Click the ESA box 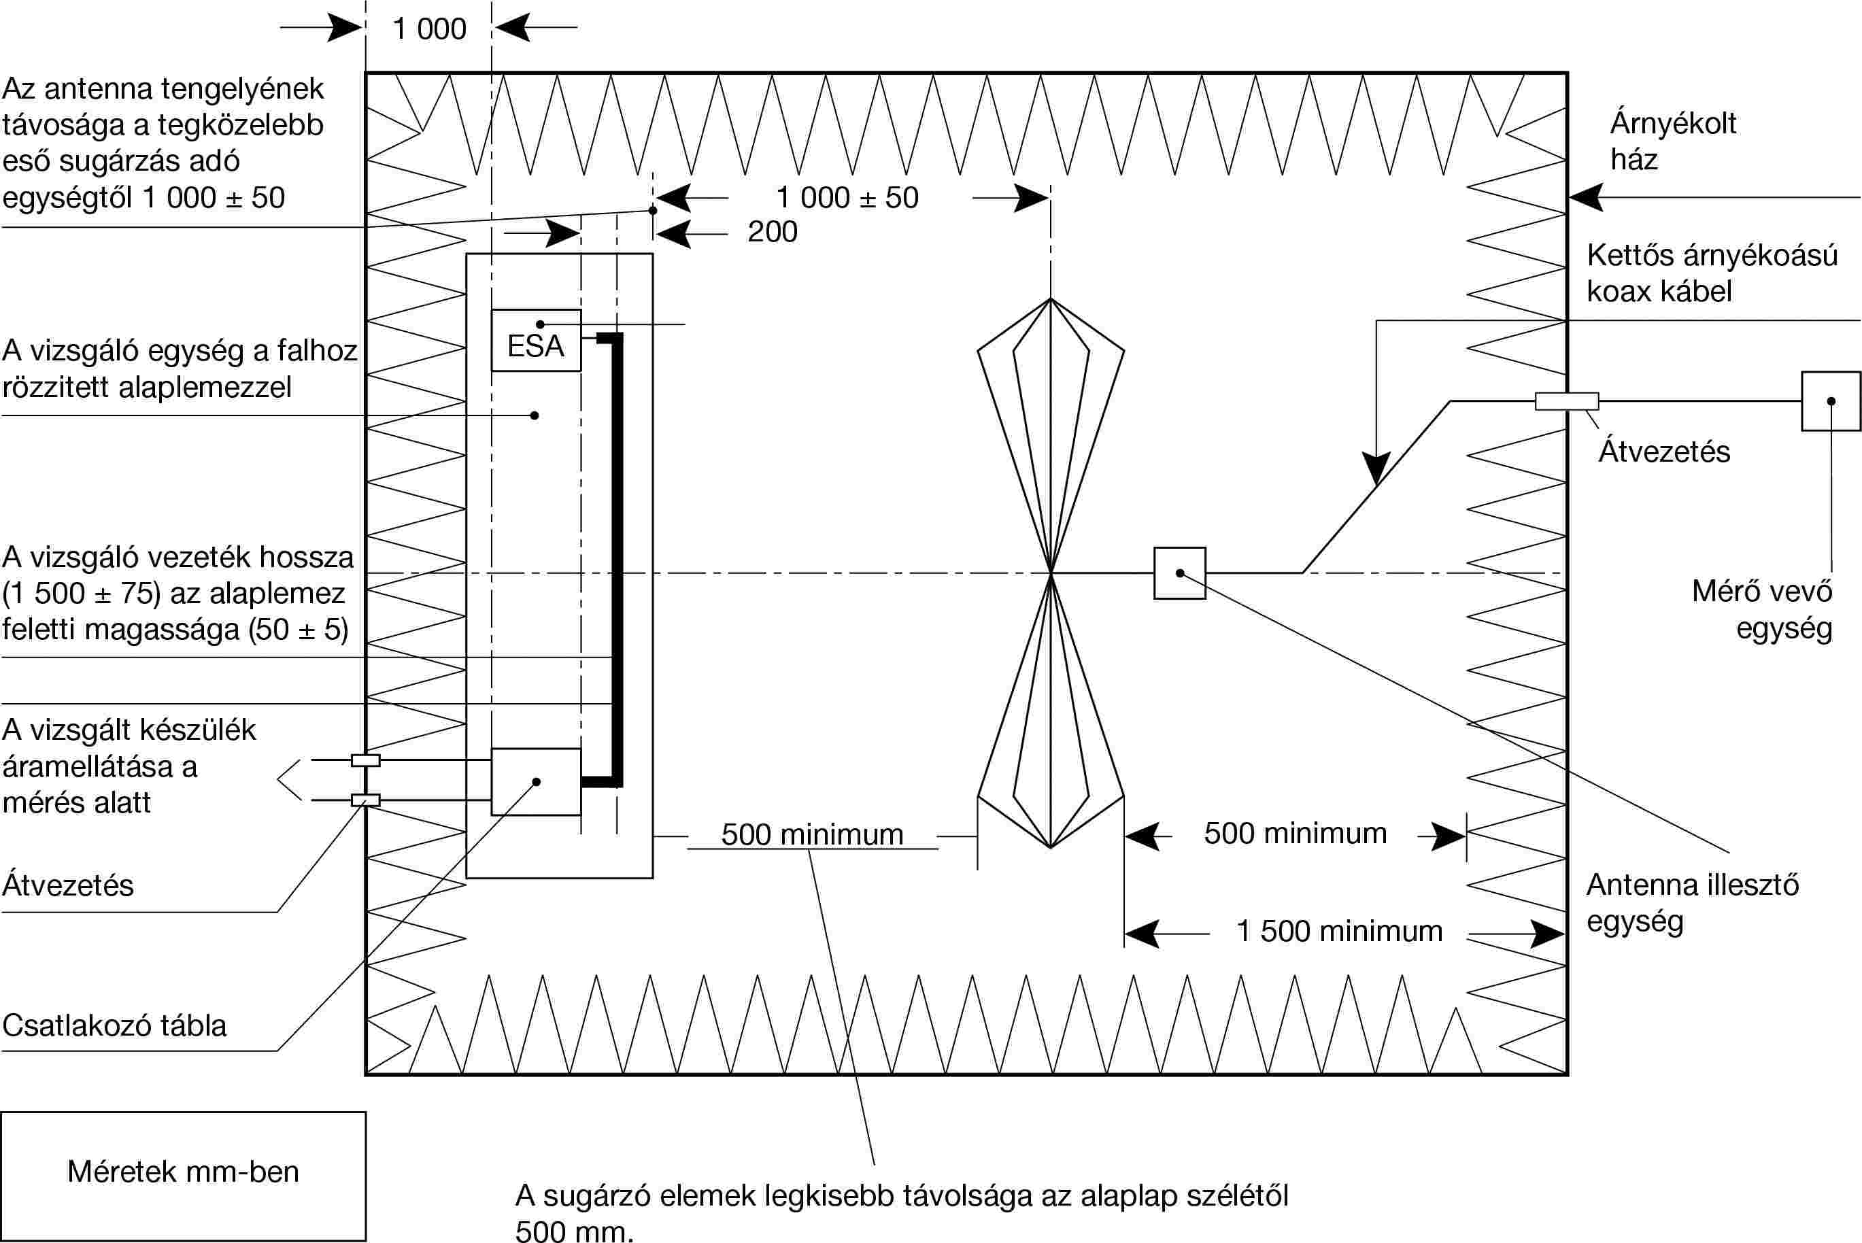[x=536, y=340]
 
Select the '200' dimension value [x=772, y=233]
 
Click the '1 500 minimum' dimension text [x=1339, y=932]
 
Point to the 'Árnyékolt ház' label [x=1672, y=141]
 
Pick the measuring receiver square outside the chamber [x=1830, y=402]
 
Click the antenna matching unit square [x=1179, y=573]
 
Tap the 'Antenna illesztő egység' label [x=1691, y=903]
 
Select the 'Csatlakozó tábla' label [x=114, y=1026]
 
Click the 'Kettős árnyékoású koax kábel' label [x=1712, y=273]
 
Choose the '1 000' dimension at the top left [x=430, y=29]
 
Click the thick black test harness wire [x=617, y=555]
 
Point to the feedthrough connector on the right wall [x=1566, y=402]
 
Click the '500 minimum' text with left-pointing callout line [x=813, y=835]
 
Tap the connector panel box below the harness [x=536, y=781]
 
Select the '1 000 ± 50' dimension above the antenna [x=847, y=198]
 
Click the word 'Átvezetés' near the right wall [x=1664, y=452]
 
